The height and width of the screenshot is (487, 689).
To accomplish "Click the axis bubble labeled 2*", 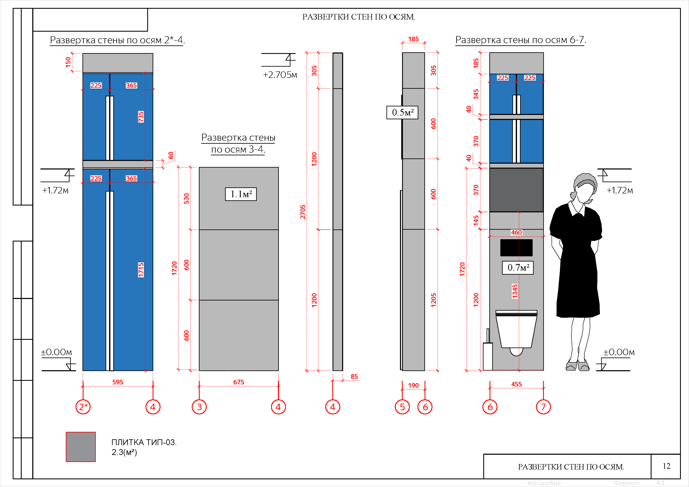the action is (83, 407).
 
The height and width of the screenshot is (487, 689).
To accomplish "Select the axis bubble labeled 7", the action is (543, 407).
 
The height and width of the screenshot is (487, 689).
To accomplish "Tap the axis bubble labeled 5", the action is (402, 407).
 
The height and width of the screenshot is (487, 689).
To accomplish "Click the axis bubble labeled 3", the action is (199, 407).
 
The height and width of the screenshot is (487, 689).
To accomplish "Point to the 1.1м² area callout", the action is (241, 194).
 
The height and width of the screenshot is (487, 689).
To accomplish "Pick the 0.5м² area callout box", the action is (402, 112).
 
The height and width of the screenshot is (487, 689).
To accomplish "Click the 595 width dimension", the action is (118, 382).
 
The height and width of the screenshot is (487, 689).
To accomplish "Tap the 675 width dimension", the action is (239, 382).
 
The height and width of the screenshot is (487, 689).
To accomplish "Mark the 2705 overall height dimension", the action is (303, 212).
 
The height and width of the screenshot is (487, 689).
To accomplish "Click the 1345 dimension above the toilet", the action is (515, 291).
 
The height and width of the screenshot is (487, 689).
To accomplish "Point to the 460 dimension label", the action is (516, 232).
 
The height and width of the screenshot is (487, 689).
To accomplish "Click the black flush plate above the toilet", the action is (516, 248).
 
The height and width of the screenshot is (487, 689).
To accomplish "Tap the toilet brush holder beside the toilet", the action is (488, 350).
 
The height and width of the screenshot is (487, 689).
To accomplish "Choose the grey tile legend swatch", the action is (81, 446).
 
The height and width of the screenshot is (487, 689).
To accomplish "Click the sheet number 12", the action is (666, 466).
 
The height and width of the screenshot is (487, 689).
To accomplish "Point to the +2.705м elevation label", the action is (280, 75).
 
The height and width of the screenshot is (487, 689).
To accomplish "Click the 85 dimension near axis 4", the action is (354, 376).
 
